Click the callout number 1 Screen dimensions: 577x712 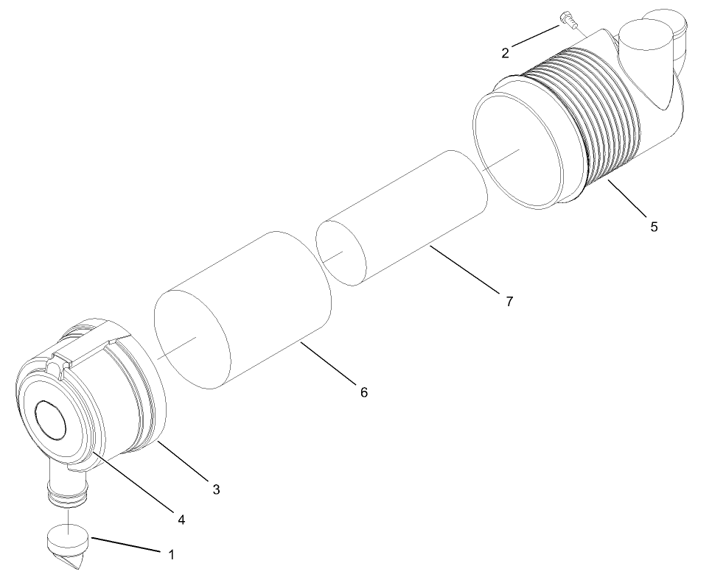click(172, 555)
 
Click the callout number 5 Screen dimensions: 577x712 click(654, 227)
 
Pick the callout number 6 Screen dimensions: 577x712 click(363, 392)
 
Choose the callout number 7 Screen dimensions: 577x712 click(509, 301)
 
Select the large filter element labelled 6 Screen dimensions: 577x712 click(243, 309)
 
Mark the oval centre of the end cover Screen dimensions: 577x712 click(52, 420)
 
